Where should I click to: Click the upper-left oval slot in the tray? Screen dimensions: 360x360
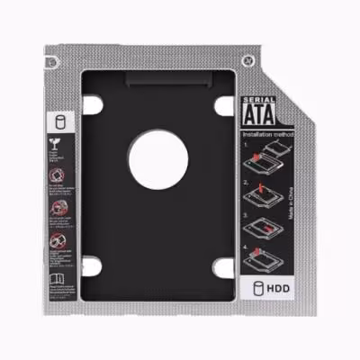pyautogui.click(x=94, y=104)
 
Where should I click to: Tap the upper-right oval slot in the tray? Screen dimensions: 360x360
pyautogui.click(x=221, y=104)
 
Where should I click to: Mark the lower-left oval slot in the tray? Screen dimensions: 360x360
pyautogui.click(x=94, y=265)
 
